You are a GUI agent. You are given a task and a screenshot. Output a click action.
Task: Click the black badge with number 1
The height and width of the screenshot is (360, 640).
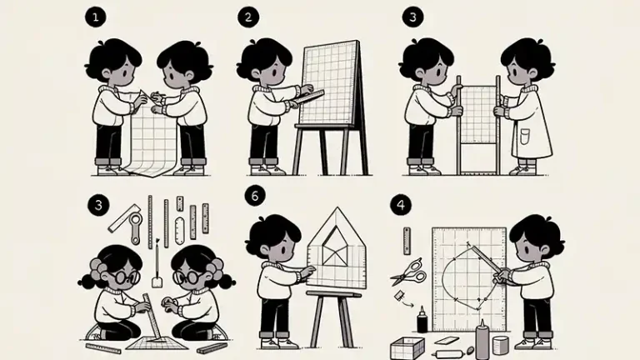[96, 17]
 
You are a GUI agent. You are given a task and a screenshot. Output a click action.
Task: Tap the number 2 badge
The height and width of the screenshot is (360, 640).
[247, 17]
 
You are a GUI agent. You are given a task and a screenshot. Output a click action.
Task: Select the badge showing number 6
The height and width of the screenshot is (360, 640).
[255, 196]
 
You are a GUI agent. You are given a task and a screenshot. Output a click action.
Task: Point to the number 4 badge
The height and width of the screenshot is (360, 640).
[400, 205]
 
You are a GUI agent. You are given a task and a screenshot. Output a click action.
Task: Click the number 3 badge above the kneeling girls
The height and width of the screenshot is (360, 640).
[98, 205]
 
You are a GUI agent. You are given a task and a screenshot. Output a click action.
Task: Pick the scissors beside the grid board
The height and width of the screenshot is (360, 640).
[408, 272]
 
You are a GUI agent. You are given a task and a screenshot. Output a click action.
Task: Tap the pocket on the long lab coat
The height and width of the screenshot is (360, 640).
[525, 137]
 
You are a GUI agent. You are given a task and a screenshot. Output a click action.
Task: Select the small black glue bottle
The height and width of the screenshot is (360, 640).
[422, 320]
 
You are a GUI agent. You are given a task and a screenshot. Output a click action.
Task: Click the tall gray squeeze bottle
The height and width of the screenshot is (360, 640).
[482, 340]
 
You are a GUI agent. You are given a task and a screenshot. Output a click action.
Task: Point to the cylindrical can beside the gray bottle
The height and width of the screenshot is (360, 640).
[500, 345]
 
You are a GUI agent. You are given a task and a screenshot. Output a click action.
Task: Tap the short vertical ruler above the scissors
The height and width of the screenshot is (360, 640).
[407, 241]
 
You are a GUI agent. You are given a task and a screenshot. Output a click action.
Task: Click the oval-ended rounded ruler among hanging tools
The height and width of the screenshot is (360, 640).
[179, 231]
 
